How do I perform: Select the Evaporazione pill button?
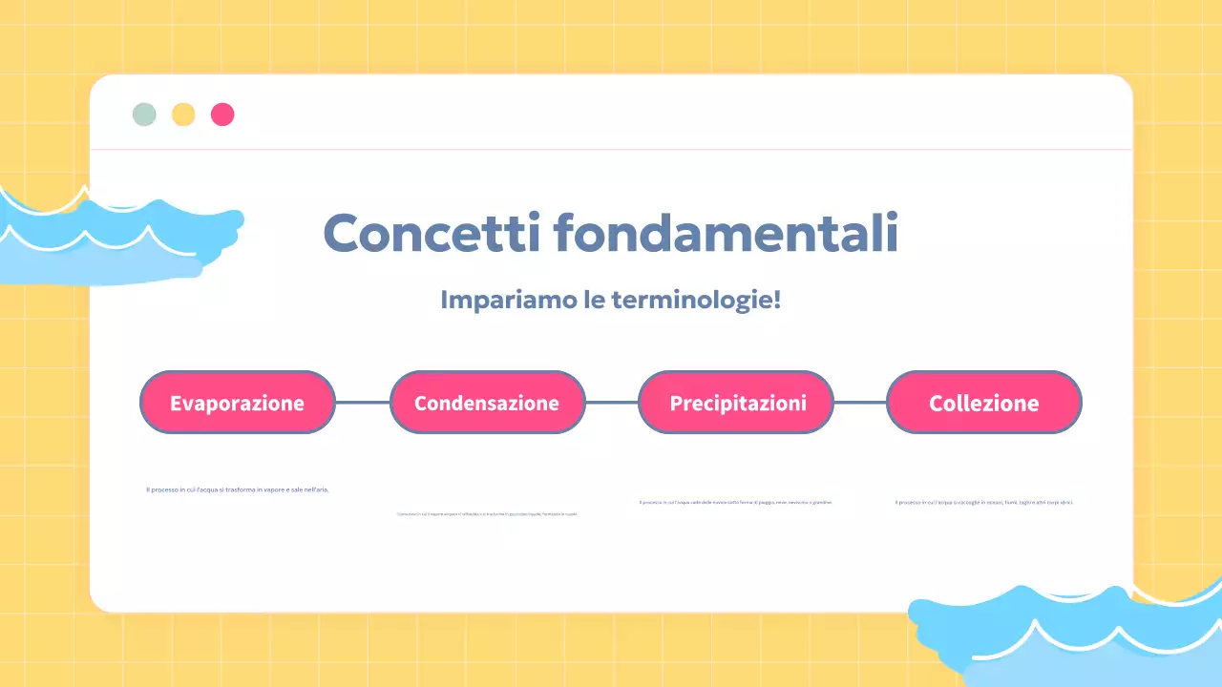(238, 403)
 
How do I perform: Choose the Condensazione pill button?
(487, 403)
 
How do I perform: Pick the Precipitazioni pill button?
(736, 403)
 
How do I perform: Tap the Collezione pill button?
(984, 403)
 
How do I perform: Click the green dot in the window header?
(144, 114)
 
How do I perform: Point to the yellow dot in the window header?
(183, 114)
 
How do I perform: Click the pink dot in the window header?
(222, 114)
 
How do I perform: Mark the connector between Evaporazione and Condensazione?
(363, 403)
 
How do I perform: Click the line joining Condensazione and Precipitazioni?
(612, 403)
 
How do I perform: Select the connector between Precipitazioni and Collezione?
(860, 403)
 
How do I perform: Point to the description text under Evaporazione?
(238, 489)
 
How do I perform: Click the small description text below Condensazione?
(487, 514)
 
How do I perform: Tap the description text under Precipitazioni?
(736, 502)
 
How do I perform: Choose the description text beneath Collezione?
(984, 502)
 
